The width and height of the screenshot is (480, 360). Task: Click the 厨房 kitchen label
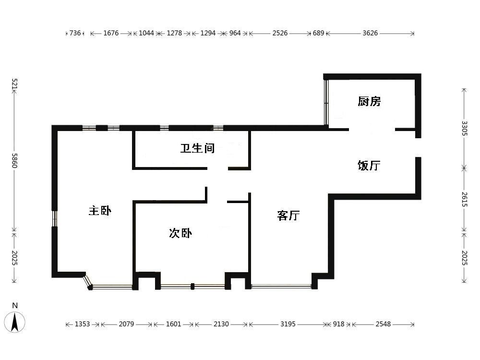click(369, 101)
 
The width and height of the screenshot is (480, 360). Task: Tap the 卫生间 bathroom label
click(197, 148)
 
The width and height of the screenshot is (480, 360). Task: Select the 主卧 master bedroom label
click(100, 211)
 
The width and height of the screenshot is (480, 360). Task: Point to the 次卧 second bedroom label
click(180, 233)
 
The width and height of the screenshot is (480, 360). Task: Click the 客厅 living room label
click(288, 216)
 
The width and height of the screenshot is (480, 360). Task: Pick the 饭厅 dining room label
click(369, 166)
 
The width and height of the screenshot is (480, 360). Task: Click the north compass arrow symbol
click(15, 322)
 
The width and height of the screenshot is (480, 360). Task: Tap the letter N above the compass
click(15, 305)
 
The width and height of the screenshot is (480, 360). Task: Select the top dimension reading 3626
click(370, 33)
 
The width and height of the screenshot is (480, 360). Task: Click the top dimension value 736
click(75, 33)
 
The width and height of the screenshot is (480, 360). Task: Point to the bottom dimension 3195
click(288, 324)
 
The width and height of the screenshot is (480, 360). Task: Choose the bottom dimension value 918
click(338, 324)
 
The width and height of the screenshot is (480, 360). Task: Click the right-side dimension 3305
click(464, 128)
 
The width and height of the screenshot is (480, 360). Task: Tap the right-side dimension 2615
click(464, 199)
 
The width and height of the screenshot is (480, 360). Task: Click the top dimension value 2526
click(280, 33)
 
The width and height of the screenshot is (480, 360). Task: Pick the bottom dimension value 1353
click(83, 324)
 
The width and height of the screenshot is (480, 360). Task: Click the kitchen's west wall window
click(326, 102)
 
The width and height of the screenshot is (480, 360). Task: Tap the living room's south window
click(281, 287)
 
